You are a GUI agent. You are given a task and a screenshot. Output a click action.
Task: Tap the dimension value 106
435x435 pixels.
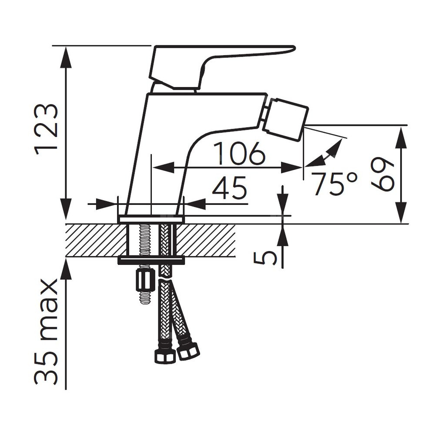pyautogui.click(x=240, y=154)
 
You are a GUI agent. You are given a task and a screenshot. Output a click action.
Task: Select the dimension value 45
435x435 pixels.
pyautogui.click(x=229, y=187)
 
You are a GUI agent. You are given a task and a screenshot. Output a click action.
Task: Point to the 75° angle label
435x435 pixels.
pyautogui.click(x=334, y=184)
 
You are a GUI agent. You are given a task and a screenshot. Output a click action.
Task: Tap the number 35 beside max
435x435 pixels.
pyautogui.click(x=46, y=367)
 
